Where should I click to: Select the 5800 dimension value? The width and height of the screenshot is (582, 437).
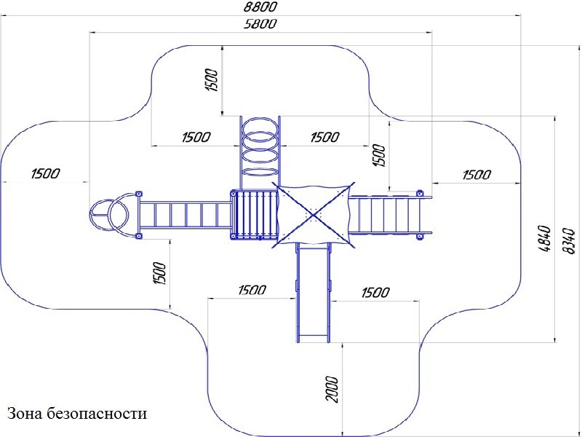coord(260,24)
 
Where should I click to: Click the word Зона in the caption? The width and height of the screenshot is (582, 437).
coord(25,414)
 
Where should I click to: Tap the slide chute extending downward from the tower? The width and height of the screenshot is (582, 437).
coord(314,291)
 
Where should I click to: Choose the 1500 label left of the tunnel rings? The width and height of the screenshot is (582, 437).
coord(196,137)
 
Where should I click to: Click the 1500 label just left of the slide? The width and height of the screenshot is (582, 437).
coord(251,291)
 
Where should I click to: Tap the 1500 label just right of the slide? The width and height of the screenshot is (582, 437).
coord(375,293)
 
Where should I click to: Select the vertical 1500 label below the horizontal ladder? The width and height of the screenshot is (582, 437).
coord(160,273)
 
